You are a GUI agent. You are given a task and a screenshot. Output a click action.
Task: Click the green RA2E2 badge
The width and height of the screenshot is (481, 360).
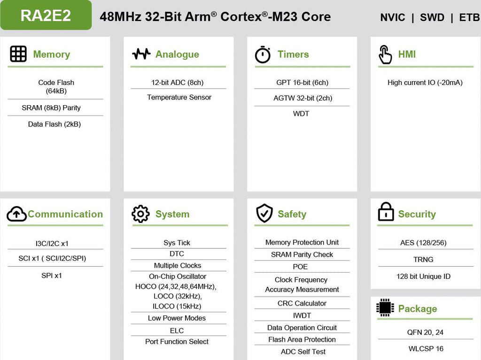(x=46, y=15)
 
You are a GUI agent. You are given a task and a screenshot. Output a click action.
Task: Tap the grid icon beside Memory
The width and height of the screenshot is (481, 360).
(x=18, y=54)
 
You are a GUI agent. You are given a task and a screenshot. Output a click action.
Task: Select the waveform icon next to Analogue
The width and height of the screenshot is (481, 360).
(x=141, y=54)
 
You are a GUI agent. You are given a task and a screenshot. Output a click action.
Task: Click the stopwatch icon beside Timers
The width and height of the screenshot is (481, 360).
(x=263, y=54)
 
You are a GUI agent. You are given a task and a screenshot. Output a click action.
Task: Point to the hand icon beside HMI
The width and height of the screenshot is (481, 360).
(x=385, y=54)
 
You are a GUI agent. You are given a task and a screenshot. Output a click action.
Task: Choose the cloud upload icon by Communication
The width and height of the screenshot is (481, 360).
(x=16, y=214)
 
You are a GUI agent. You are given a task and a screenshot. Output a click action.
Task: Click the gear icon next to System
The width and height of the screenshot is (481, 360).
(x=140, y=214)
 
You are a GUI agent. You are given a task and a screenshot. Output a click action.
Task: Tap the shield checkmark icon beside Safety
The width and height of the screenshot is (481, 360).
(x=264, y=213)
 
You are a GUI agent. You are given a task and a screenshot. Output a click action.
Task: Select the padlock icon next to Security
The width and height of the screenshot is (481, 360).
(x=386, y=212)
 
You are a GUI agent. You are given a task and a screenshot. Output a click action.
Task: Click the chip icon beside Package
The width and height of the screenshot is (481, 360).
(x=385, y=307)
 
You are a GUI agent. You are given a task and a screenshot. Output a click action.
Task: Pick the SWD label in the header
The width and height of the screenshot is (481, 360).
(x=432, y=17)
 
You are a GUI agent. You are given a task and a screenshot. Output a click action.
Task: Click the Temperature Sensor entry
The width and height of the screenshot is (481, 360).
(x=179, y=97)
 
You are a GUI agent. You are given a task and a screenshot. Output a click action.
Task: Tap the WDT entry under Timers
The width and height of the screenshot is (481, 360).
(x=301, y=114)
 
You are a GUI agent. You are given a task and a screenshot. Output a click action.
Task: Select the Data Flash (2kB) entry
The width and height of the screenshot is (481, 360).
(x=54, y=124)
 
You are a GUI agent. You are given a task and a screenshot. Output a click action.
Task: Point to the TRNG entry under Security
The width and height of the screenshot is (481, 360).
(x=423, y=260)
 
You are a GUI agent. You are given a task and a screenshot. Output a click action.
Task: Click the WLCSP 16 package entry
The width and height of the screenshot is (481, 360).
(x=426, y=349)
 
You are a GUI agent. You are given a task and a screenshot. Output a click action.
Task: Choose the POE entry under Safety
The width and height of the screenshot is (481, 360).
(x=300, y=267)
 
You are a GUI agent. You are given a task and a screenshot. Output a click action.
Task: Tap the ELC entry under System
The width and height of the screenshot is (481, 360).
(x=177, y=330)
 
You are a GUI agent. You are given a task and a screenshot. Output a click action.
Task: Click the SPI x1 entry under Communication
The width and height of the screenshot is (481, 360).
(x=52, y=276)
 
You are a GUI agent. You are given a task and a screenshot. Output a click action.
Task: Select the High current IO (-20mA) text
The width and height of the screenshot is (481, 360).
(x=425, y=83)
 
